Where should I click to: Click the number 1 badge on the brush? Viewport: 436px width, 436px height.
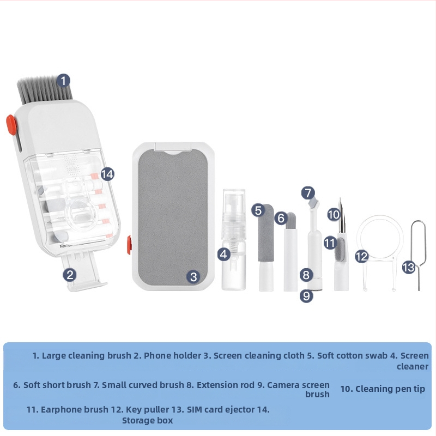tap(63, 81)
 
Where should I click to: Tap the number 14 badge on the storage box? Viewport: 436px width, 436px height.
tap(107, 174)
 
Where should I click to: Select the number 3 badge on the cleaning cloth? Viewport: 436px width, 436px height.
tap(193, 277)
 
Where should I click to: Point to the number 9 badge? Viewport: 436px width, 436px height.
tap(306, 295)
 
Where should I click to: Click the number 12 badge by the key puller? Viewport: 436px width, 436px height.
tap(362, 256)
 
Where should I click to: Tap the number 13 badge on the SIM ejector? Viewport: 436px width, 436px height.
tap(409, 267)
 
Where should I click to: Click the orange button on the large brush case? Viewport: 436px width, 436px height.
tap(11, 125)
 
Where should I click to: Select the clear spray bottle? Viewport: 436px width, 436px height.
tap(234, 240)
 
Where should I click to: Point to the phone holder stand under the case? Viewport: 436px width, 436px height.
tap(83, 272)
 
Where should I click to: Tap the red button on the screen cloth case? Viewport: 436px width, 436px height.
tap(129, 245)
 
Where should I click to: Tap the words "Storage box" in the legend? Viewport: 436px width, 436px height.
tap(147, 420)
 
